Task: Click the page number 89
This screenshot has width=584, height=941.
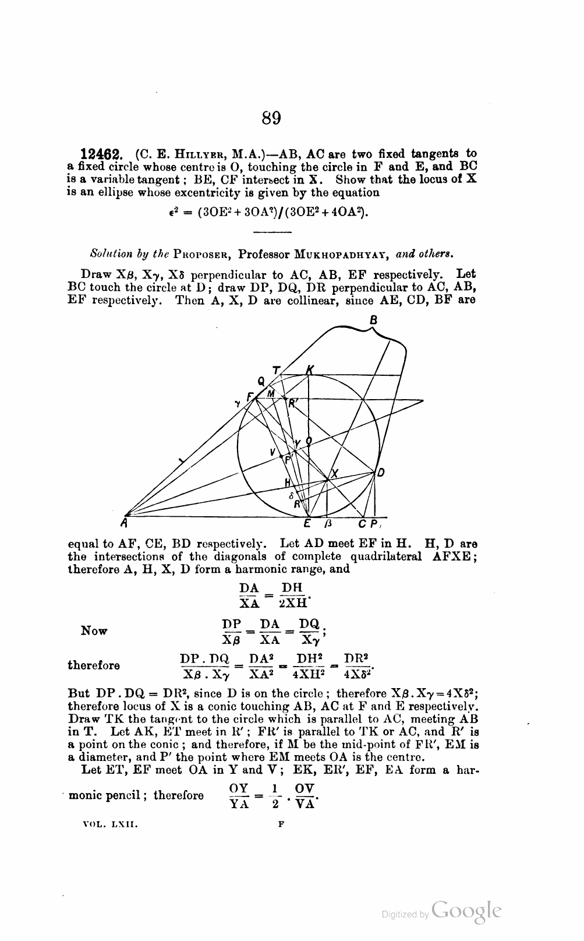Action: coord(271,118)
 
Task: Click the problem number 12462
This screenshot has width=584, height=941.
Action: coord(101,155)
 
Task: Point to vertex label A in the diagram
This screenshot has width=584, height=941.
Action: coord(125,522)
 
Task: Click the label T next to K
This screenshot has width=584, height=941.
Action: coord(276,369)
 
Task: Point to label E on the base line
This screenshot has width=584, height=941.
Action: coord(306,523)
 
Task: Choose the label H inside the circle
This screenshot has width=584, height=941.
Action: coord(287,482)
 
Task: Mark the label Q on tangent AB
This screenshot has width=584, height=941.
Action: coord(261,382)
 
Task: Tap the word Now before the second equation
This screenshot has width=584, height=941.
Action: coord(94,631)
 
